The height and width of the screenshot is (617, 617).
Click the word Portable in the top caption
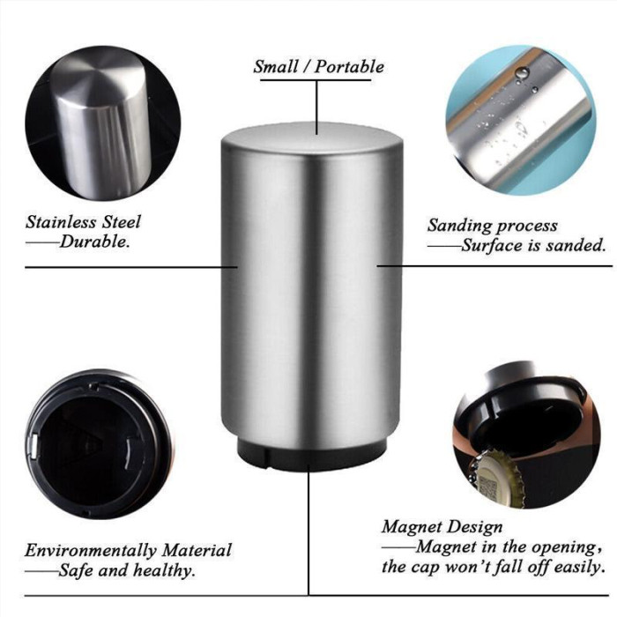[349, 66]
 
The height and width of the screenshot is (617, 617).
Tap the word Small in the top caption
[275, 66]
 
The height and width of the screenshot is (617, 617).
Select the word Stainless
[62, 222]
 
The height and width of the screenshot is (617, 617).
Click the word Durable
[95, 242]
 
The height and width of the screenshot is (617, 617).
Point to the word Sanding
[459, 227]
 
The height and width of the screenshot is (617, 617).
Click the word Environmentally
[91, 551]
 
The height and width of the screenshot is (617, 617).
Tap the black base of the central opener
[311, 455]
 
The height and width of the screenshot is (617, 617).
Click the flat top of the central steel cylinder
[311, 137]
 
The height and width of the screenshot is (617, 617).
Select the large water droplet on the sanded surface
[524, 72]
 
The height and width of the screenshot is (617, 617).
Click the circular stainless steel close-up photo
[103, 123]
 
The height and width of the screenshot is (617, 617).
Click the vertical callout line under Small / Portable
[316, 107]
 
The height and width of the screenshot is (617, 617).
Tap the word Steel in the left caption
[122, 222]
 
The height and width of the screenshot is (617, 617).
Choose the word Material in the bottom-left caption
[197, 550]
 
